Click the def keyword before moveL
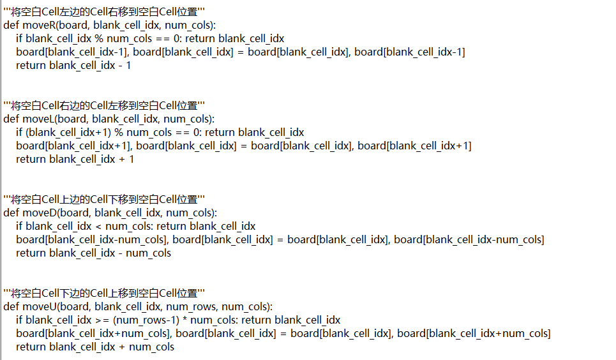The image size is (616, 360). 11,119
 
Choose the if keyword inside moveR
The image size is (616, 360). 20,38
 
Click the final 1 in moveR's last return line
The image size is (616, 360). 128,65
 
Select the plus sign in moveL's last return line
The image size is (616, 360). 122,159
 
